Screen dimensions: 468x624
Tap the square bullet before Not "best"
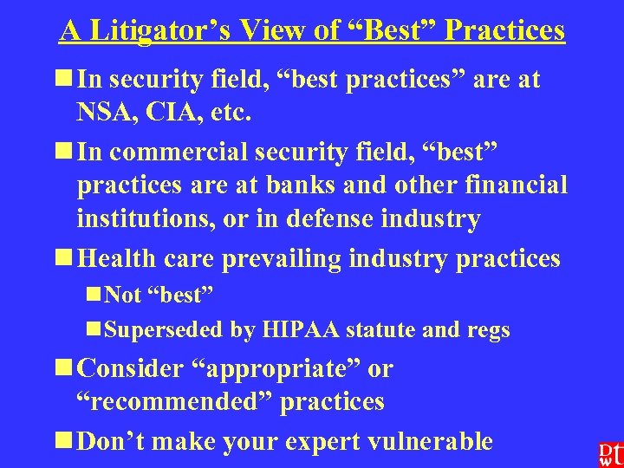[93, 295]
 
